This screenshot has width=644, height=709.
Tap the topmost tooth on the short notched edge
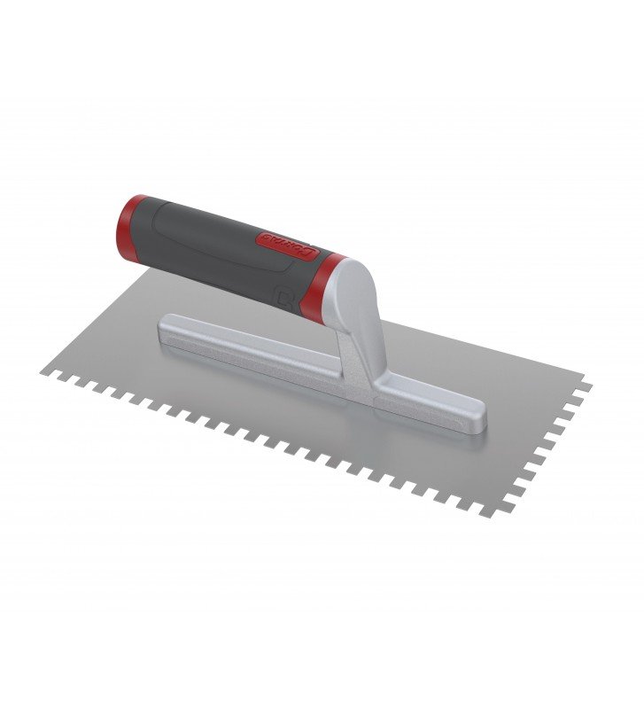click(586, 385)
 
